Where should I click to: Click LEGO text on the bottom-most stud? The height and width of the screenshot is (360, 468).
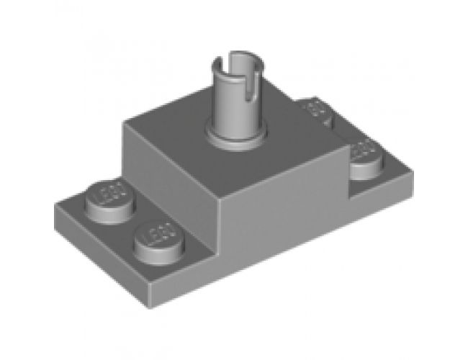coord(158,233)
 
